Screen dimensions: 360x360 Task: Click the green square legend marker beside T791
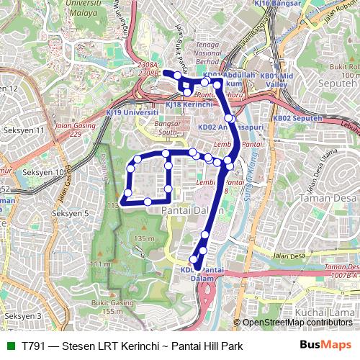(9, 346)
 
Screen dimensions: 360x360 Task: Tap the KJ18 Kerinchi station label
(189, 104)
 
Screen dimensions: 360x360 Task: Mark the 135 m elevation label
(145, 238)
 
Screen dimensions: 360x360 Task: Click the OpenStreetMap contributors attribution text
(297, 323)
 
